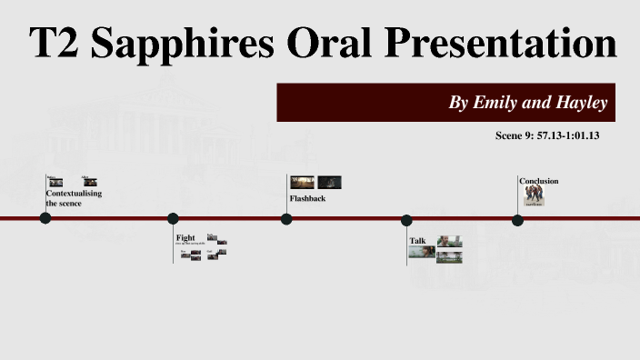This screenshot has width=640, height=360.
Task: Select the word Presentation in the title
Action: tap(503, 44)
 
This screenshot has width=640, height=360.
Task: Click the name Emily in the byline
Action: tap(494, 103)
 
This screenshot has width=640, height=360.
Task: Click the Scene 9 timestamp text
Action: tap(547, 135)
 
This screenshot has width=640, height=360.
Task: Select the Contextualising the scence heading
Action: tap(74, 198)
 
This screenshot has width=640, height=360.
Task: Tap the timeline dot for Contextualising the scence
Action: tap(45, 218)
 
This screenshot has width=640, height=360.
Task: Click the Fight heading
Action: tap(185, 238)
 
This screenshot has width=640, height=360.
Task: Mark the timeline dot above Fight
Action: tap(173, 218)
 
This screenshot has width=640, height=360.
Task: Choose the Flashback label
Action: tap(307, 198)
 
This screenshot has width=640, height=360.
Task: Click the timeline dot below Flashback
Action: tap(286, 219)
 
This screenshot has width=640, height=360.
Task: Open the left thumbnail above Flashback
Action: tap(303, 183)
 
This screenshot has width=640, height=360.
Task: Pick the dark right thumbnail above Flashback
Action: tap(329, 183)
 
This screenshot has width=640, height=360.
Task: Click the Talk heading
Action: tap(417, 241)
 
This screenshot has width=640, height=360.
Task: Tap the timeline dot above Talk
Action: tap(406, 220)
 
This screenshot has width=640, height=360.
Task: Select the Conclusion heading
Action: tap(539, 181)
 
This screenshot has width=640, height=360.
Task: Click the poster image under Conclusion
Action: tap(535, 196)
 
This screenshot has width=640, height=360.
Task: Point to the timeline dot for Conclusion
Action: tap(517, 220)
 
